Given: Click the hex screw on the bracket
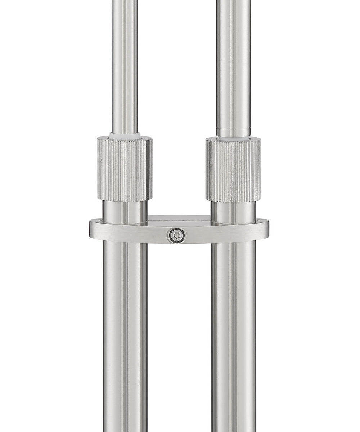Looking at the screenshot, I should (x=176, y=236).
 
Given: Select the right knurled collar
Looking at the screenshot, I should (x=233, y=170).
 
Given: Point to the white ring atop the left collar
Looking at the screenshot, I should (x=125, y=136).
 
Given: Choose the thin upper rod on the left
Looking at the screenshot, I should (x=125, y=65).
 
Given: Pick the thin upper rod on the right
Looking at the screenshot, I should (x=233, y=65).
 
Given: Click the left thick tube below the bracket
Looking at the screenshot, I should (x=125, y=335).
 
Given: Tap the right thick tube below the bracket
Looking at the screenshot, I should (x=233, y=335).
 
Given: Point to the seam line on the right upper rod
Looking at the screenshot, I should (x=233, y=129).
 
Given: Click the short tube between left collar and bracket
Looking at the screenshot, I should (x=125, y=210).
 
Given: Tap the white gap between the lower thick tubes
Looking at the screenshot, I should (x=179, y=335).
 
